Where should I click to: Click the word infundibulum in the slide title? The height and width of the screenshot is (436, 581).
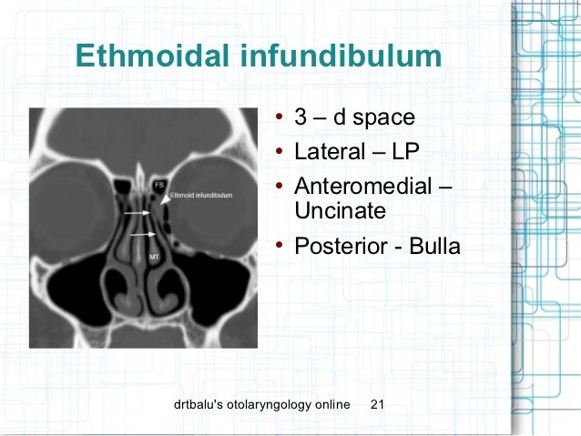click(340, 56)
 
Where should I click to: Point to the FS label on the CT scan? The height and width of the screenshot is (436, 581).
click(158, 184)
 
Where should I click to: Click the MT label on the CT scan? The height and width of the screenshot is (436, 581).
click(153, 258)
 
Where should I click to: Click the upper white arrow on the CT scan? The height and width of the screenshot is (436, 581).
click(138, 212)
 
